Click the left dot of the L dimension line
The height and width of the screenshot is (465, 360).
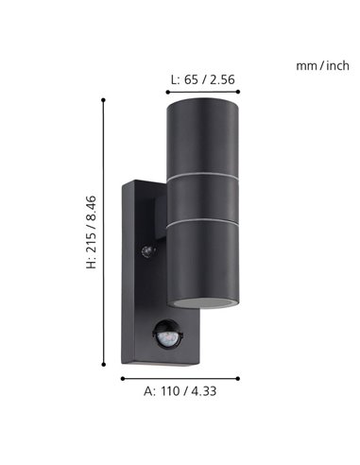pyautogui.click(x=166, y=92)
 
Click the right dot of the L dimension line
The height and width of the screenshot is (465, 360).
pyautogui.click(x=240, y=92)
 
